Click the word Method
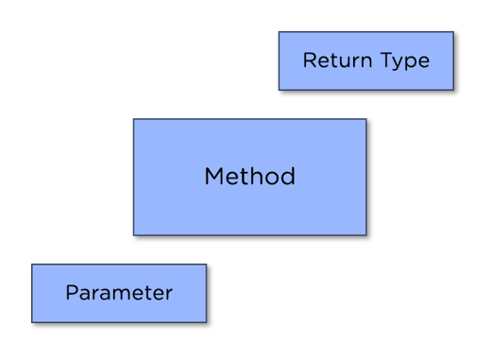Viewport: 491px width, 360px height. (249, 177)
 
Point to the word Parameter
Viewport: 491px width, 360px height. (119, 293)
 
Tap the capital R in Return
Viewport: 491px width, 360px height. (309, 60)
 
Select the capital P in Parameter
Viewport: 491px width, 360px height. (71, 293)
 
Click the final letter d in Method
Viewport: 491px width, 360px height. (288, 176)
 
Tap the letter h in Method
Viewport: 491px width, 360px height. (256, 176)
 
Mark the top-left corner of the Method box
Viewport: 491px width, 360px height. (133, 118)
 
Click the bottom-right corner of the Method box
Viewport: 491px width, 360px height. (366, 235)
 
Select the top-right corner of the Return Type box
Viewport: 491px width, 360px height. (456, 31)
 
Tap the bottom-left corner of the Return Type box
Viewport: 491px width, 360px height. (279, 92)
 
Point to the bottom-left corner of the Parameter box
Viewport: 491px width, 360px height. (31, 322)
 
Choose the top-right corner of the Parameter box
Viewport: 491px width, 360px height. (207, 265)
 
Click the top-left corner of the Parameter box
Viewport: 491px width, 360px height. (31, 265)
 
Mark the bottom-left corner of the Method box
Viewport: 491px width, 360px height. (133, 235)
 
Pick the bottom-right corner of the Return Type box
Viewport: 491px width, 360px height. (456, 92)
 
